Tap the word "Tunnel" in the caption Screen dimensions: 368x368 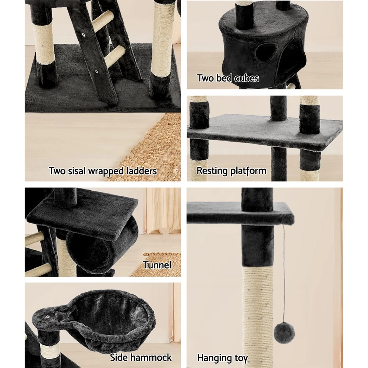157,265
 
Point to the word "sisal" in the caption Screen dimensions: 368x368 77,171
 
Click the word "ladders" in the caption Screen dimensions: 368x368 141,171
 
